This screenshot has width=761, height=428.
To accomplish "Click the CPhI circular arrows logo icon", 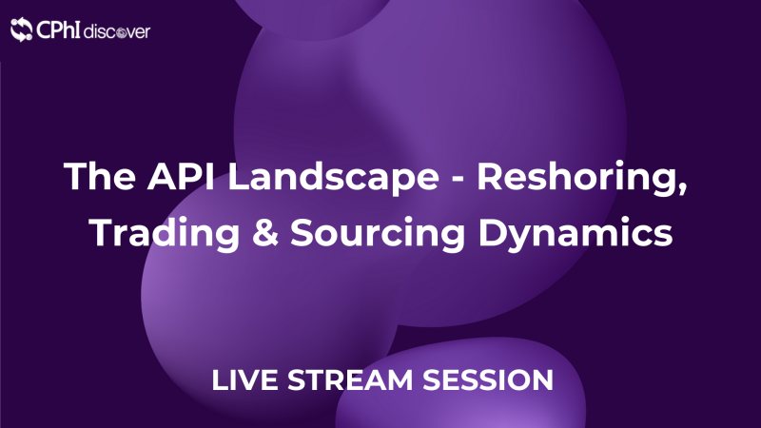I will click(22, 31).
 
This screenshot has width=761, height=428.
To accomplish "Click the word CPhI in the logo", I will click(58, 31).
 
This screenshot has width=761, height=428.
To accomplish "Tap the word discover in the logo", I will click(116, 31).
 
